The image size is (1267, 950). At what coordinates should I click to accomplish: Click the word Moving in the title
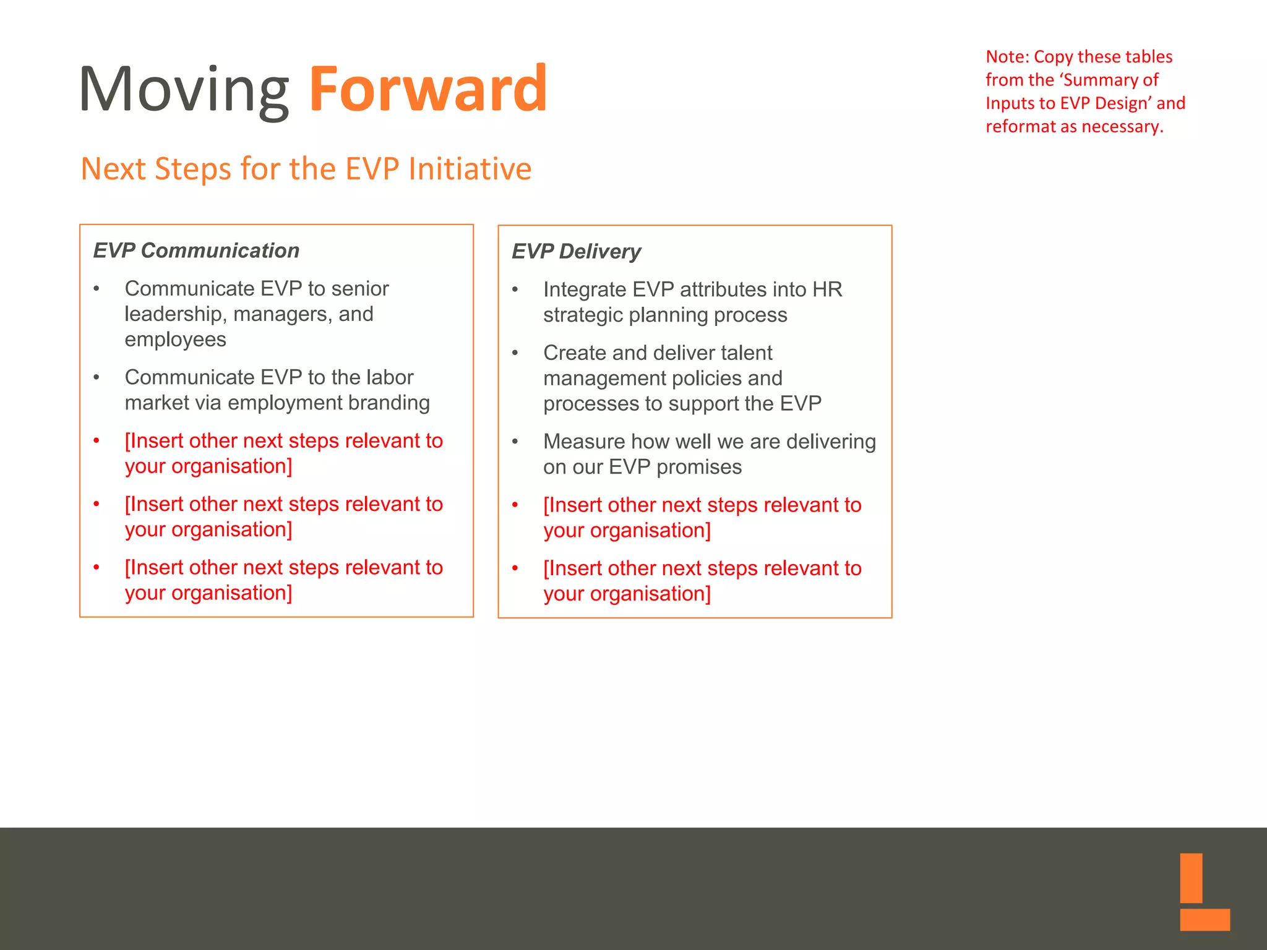pyautogui.click(x=184, y=90)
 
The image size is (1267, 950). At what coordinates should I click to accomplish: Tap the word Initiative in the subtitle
pyautogui.click(x=470, y=169)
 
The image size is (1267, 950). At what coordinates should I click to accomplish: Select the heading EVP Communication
pyautogui.click(x=196, y=250)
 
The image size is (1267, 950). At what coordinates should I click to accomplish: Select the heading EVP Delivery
pyautogui.click(x=576, y=252)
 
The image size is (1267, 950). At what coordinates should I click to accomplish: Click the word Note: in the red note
pyautogui.click(x=1007, y=57)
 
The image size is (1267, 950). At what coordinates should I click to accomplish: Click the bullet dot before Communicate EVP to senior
pyautogui.click(x=97, y=289)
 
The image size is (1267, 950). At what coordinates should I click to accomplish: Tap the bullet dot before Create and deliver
pyautogui.click(x=515, y=353)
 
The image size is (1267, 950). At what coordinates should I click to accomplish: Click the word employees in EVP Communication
pyautogui.click(x=175, y=340)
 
